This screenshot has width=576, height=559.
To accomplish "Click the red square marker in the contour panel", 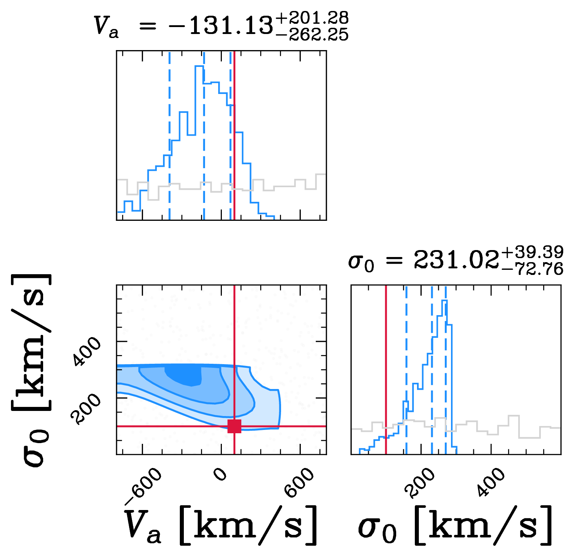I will [x=234, y=426].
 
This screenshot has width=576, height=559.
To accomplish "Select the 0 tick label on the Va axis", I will [x=221, y=474].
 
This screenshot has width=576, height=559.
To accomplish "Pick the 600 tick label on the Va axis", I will [x=300, y=483].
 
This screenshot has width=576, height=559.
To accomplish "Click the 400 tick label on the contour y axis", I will [x=86, y=352].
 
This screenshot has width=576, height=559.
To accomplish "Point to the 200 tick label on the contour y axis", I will [x=86, y=409].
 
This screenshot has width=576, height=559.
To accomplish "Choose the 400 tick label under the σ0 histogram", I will [x=492, y=483].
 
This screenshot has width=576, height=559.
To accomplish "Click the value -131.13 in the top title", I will [x=220, y=26].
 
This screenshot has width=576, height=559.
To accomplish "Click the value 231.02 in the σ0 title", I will [x=456, y=261].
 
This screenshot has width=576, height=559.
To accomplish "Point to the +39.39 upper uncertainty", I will [x=533, y=252].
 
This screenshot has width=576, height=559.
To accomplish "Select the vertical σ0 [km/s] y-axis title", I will [x=31, y=369].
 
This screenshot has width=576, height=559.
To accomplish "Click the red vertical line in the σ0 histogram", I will [x=386, y=366].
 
